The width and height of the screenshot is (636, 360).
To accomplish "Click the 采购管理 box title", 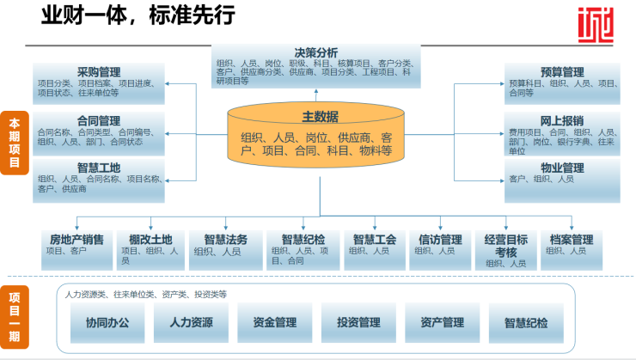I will pyautogui.click(x=99, y=72).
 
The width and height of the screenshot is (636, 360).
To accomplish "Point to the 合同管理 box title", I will pyautogui.click(x=99, y=121).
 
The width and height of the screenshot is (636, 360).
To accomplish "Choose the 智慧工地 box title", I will pyautogui.click(x=99, y=168).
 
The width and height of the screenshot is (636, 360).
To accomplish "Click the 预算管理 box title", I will pyautogui.click(x=562, y=72).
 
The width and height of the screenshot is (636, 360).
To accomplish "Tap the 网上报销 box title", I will pyautogui.click(x=562, y=120).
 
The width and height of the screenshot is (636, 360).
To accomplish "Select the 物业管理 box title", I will pyautogui.click(x=562, y=168).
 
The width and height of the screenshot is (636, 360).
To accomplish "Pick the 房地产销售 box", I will pyautogui.click(x=77, y=245).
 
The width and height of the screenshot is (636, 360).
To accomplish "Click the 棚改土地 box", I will pyautogui.click(x=151, y=245).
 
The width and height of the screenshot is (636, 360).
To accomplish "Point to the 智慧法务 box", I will pyautogui.click(x=225, y=245).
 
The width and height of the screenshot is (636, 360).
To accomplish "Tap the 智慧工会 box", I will pyautogui.click(x=375, y=245).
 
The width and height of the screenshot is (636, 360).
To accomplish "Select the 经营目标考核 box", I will pyautogui.click(x=506, y=248).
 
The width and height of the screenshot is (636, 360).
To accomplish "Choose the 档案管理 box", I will pyautogui.click(x=572, y=245).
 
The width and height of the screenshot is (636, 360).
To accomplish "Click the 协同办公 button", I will pyautogui.click(x=107, y=323).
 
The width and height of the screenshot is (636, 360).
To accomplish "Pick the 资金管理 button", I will pyautogui.click(x=274, y=323).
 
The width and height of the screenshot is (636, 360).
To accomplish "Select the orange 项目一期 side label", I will pyautogui.click(x=14, y=317).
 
